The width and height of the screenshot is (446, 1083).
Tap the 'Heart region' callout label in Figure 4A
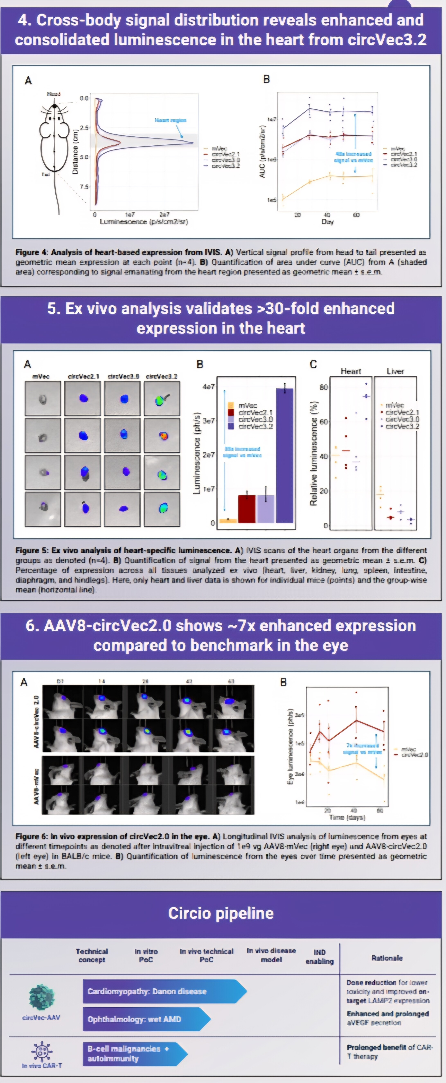coord(170,120)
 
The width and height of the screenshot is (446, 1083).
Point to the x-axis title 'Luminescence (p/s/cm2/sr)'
coord(144,222)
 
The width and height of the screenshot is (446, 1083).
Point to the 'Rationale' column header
coord(387,958)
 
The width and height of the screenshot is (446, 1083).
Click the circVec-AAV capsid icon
coord(41,996)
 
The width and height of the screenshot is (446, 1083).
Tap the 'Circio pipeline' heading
coord(221,913)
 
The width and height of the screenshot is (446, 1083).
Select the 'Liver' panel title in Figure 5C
coord(395,371)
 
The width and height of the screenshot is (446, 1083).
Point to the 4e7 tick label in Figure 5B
coord(208,386)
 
